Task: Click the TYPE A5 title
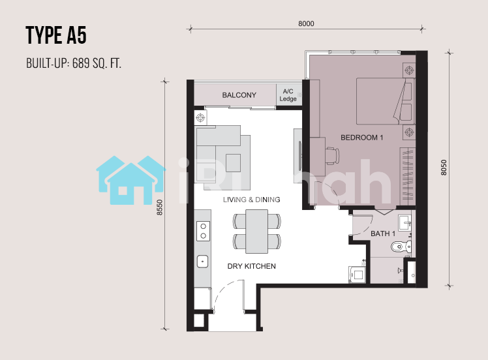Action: (56, 35)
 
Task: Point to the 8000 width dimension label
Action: (306, 23)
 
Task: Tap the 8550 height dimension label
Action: (160, 207)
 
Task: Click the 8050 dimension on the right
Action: (444, 168)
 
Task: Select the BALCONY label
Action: (239, 95)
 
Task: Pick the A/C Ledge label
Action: (288, 95)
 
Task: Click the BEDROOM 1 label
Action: (361, 137)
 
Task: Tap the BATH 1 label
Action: (383, 233)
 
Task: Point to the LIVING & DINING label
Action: (251, 200)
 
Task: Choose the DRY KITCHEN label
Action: (251, 266)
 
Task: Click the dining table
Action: (257, 231)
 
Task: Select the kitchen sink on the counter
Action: (203, 262)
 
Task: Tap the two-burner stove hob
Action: (203, 231)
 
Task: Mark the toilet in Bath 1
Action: (401, 247)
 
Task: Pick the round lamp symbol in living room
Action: (200, 117)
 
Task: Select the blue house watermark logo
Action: (130, 180)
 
